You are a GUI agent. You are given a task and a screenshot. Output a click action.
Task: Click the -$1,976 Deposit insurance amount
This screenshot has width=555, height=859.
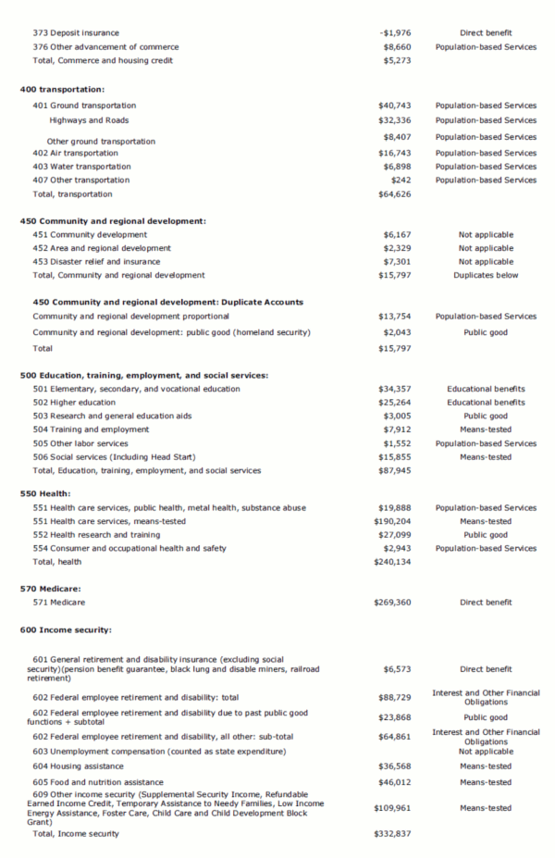(394, 33)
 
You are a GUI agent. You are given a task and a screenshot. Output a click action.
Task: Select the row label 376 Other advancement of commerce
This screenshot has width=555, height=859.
(105, 47)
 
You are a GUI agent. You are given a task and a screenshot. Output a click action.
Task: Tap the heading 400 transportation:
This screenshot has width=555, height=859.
(63, 89)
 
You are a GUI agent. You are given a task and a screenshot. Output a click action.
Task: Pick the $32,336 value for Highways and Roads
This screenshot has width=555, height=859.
(392, 120)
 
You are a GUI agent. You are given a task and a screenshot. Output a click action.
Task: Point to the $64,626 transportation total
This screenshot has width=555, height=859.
(392, 194)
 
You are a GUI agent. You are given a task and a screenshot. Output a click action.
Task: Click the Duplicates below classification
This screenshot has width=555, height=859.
(486, 275)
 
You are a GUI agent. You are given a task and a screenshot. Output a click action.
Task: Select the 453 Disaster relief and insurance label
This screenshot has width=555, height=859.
(96, 262)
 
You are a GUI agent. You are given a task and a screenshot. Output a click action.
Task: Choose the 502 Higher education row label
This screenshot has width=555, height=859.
(74, 403)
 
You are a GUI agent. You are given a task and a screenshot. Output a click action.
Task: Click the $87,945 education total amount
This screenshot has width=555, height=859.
(392, 471)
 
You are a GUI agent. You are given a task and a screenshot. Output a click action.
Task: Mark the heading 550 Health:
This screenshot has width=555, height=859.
(45, 494)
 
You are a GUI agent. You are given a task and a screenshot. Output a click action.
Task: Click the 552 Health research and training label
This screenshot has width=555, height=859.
(96, 535)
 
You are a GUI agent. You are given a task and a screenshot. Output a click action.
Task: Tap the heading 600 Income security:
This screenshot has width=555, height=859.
(66, 630)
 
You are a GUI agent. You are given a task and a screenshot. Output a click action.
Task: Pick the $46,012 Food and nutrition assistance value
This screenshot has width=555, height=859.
(392, 783)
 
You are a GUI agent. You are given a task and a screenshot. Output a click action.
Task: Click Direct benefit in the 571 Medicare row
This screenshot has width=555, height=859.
(486, 603)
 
